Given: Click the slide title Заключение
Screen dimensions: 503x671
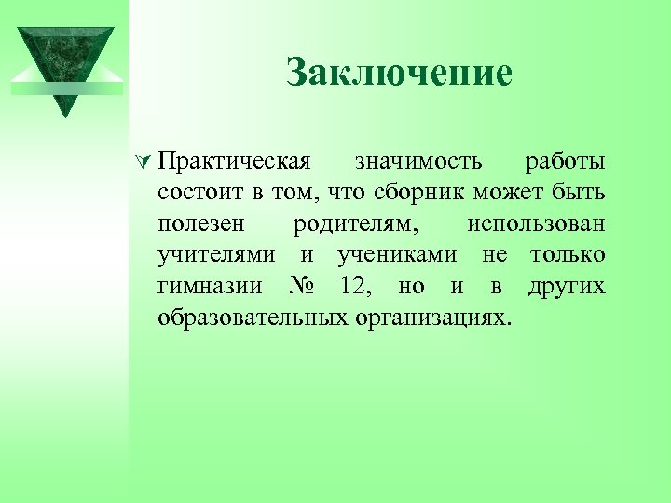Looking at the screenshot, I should click(x=400, y=73).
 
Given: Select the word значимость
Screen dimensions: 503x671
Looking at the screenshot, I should click(x=418, y=162).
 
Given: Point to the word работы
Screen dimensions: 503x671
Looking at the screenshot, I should click(x=565, y=162).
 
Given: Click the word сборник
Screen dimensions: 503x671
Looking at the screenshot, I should click(x=418, y=193).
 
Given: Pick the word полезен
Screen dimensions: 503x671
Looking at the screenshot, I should click(x=201, y=224).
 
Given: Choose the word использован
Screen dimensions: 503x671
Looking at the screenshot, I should click(x=536, y=224).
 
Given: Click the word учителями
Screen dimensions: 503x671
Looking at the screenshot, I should click(x=216, y=255).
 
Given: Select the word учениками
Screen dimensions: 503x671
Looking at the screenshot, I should click(x=398, y=255).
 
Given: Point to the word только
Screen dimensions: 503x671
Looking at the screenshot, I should click(x=568, y=255).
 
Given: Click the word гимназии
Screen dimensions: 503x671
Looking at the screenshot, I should click(x=208, y=286).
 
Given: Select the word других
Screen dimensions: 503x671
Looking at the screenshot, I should click(x=566, y=286).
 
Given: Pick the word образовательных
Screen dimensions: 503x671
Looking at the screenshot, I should click(x=253, y=317).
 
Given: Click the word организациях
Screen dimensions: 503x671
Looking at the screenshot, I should click(x=433, y=317).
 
